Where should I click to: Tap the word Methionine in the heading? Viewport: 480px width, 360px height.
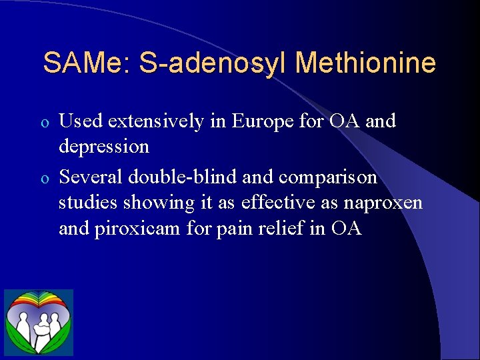(365, 63)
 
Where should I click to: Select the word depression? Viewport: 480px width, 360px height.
(104, 146)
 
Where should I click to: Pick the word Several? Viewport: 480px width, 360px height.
(91, 177)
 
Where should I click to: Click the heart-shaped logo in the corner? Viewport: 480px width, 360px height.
(39, 322)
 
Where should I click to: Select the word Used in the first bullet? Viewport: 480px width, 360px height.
(79, 121)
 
